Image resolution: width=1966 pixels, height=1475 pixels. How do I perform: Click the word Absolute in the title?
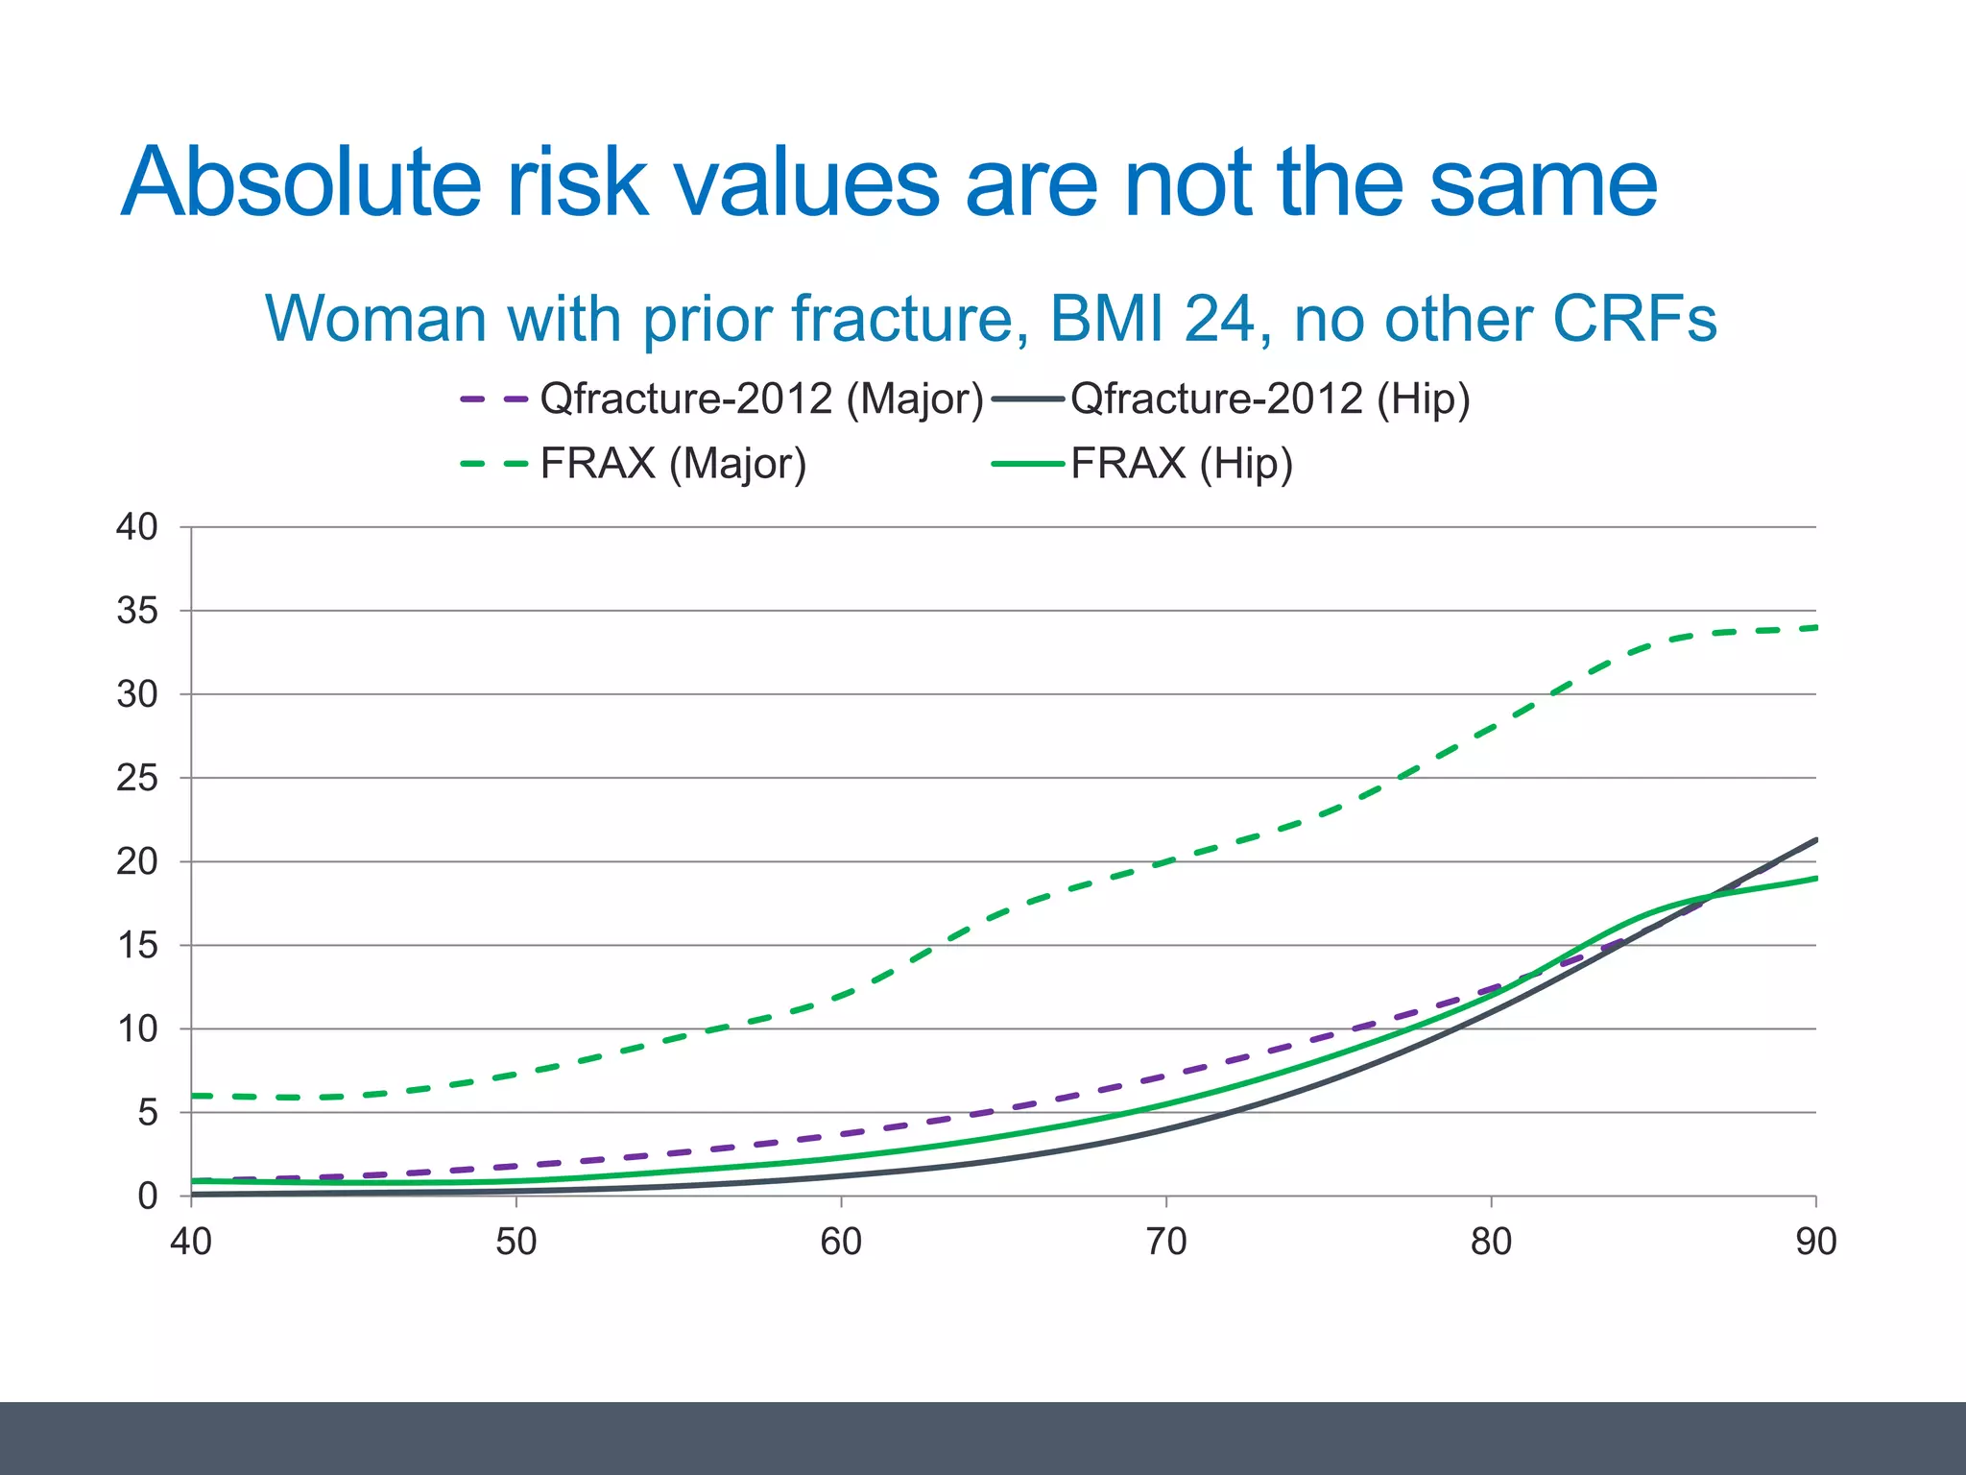click(300, 182)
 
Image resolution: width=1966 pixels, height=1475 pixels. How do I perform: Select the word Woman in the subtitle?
click(375, 318)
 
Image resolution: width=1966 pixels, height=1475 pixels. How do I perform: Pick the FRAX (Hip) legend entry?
click(1181, 464)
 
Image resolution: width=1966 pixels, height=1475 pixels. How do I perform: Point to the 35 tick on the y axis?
click(137, 611)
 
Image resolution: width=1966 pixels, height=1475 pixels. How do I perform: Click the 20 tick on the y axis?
click(137, 862)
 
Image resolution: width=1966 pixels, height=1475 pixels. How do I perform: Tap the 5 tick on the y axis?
click(147, 1113)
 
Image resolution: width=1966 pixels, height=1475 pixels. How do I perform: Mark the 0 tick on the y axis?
click(147, 1197)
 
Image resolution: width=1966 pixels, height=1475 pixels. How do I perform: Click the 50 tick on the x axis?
click(515, 1243)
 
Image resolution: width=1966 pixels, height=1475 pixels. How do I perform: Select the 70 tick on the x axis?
click(1165, 1243)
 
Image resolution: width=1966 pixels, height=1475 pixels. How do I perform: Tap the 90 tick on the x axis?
click(1815, 1243)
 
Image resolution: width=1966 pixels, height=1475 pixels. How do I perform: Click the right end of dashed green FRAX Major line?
click(1814, 628)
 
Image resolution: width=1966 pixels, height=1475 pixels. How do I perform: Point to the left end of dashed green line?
click(194, 1096)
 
